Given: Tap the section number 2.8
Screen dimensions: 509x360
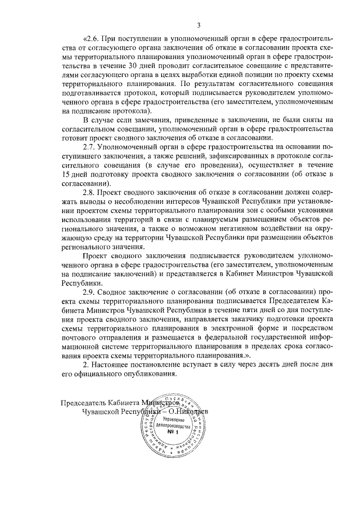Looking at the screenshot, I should point(90,192).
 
